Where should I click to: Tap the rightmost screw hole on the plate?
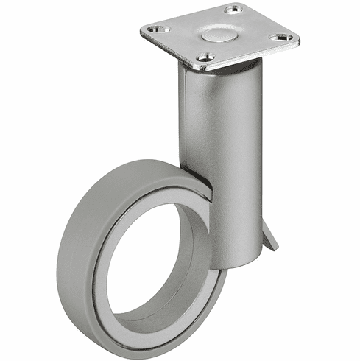tap(279, 37)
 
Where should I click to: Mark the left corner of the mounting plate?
tap(141, 31)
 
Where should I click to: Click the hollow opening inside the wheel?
tap(151, 262)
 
